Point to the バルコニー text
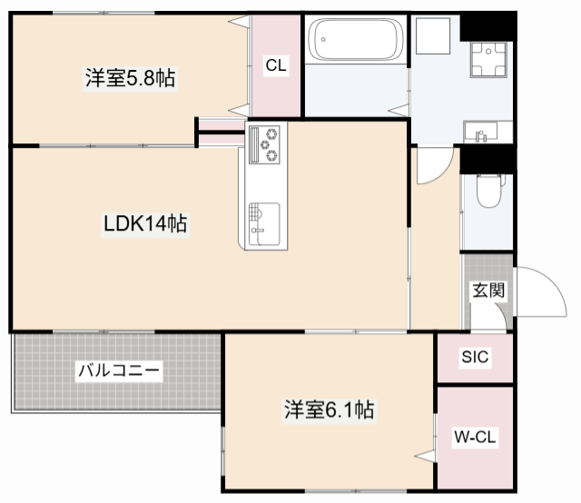point(118,370)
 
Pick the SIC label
point(475,358)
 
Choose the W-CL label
point(475,438)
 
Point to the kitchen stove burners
point(265,144)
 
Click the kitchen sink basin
point(263,219)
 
